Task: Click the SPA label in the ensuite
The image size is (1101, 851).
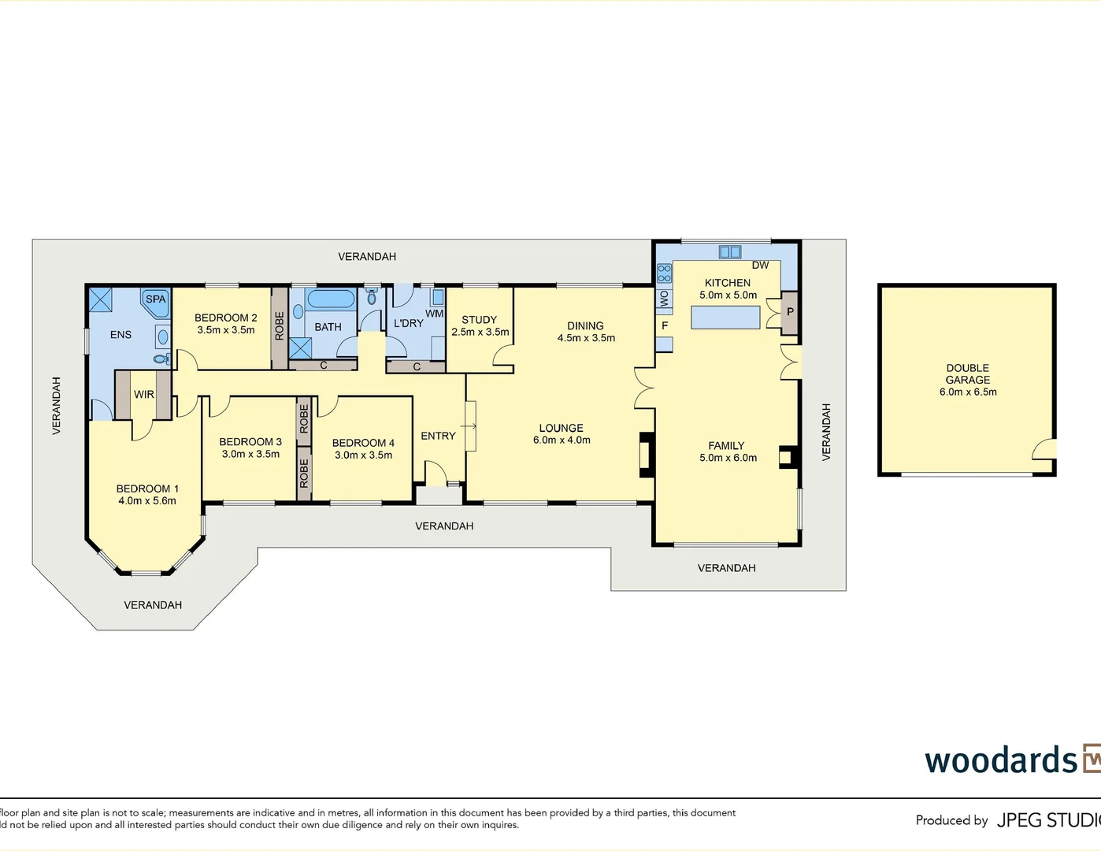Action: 156,299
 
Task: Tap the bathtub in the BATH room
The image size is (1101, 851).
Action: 331,299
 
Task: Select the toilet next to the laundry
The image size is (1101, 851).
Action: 372,298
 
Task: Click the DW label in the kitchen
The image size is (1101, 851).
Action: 760,266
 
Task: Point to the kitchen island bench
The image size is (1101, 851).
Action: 725,317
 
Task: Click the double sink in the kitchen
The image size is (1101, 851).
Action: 730,252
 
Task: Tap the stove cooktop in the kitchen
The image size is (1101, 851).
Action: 664,273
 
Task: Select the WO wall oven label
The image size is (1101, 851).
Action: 664,299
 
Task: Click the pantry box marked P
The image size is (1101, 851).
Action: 790,312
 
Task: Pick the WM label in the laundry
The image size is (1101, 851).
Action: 435,314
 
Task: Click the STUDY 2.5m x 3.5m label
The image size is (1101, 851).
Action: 480,325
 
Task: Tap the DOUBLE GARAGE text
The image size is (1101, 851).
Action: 968,374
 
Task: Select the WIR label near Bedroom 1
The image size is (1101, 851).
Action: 144,395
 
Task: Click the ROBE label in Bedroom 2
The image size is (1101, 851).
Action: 280,326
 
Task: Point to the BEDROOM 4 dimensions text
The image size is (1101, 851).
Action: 363,455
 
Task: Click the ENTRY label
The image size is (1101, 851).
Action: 438,436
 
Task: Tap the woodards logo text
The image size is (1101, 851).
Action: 1001,760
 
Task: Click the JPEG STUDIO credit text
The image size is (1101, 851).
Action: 1047,820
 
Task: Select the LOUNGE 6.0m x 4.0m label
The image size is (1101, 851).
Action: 562,434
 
